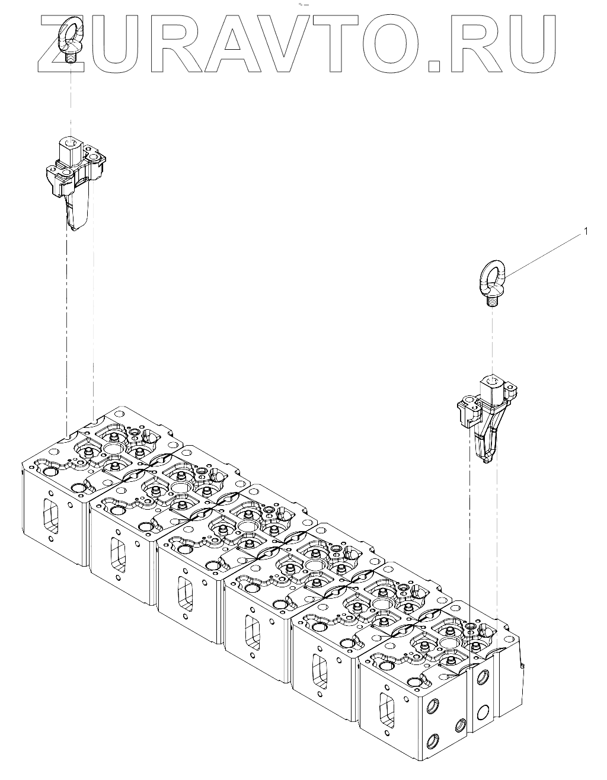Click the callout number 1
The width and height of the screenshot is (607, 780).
click(586, 231)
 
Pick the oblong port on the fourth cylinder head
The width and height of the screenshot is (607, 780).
click(252, 632)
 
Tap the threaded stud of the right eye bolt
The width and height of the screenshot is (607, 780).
click(491, 301)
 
